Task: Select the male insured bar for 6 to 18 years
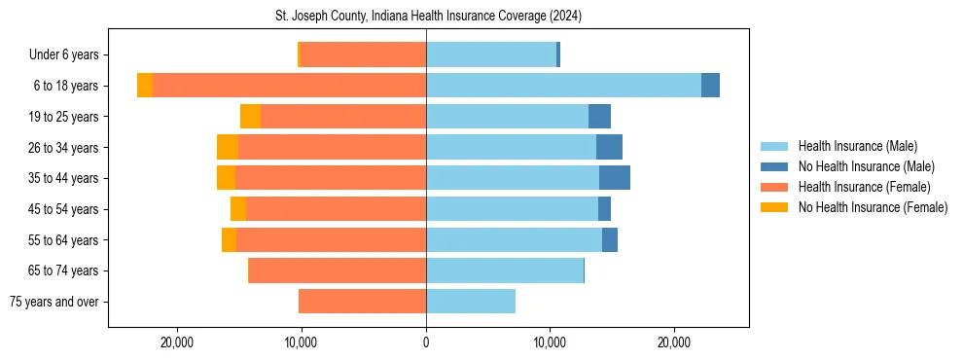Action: [x=563, y=86]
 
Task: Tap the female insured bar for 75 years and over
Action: [x=362, y=302]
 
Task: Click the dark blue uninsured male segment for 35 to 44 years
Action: [x=615, y=178]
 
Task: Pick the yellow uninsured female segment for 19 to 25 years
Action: [x=250, y=117]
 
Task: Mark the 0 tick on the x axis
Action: [x=426, y=343]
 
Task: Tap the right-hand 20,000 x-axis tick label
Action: [x=674, y=343]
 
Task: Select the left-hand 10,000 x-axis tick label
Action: [x=302, y=343]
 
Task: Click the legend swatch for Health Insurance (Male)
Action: [x=775, y=146]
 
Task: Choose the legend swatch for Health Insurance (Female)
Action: [x=775, y=187]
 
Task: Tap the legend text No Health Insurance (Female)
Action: [x=873, y=207]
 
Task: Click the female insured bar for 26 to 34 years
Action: [x=332, y=147]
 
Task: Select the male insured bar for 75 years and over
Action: [x=471, y=302]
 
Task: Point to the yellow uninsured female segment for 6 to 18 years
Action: [x=145, y=86]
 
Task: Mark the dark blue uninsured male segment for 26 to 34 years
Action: [x=609, y=147]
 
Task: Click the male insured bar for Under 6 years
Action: [x=491, y=55]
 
